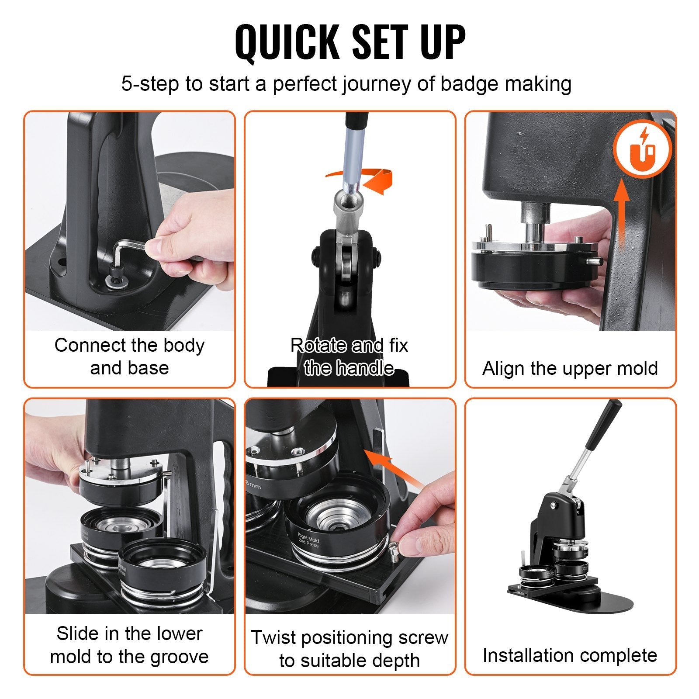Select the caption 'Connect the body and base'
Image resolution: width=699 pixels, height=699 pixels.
(129, 356)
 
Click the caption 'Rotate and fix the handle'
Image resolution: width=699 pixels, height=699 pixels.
(349, 356)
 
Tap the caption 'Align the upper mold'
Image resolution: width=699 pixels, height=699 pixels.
(570, 368)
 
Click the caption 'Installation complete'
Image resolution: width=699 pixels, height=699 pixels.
(570, 655)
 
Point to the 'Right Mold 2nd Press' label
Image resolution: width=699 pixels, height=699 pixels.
(308, 540)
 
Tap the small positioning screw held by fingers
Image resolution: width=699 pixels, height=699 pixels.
(394, 549)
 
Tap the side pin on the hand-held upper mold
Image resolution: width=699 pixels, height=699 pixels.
(595, 261)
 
